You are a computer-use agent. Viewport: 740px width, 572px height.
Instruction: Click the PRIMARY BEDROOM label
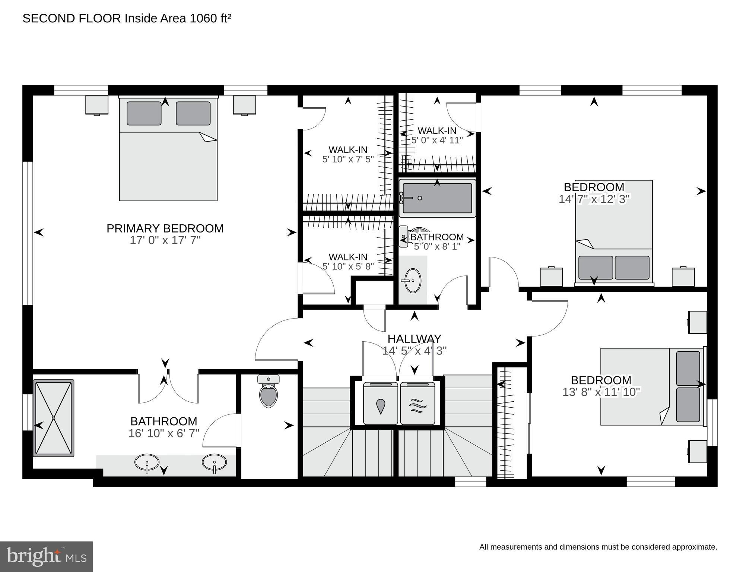(x=165, y=228)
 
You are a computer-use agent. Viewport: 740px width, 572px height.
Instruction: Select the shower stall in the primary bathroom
(x=54, y=418)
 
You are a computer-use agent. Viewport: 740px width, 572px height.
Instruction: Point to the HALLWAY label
(x=414, y=339)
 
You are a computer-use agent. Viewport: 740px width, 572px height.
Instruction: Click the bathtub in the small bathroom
(x=437, y=198)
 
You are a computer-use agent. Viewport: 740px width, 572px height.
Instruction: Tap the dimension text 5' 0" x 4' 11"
(x=437, y=140)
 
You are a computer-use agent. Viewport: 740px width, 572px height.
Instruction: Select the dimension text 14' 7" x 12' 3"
(x=594, y=199)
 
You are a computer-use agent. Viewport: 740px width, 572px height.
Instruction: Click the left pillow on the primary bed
(x=144, y=113)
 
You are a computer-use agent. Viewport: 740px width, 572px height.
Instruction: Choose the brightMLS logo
(x=46, y=556)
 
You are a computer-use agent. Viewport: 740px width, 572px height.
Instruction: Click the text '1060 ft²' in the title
(x=210, y=19)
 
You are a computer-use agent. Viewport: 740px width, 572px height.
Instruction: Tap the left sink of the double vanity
(x=147, y=462)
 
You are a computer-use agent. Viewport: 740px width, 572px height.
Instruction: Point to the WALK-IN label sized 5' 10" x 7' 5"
(x=348, y=150)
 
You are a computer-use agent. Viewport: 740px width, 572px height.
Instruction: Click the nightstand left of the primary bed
(x=97, y=105)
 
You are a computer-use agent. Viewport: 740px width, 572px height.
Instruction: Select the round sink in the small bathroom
(x=412, y=280)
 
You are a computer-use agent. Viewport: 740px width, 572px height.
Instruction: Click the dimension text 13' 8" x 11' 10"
(x=601, y=392)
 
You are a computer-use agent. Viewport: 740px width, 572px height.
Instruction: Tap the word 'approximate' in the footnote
(x=697, y=547)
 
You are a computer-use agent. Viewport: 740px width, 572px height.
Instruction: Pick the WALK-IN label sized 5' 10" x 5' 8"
(x=348, y=257)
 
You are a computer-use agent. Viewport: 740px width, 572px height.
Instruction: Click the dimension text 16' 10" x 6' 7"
(x=164, y=433)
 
